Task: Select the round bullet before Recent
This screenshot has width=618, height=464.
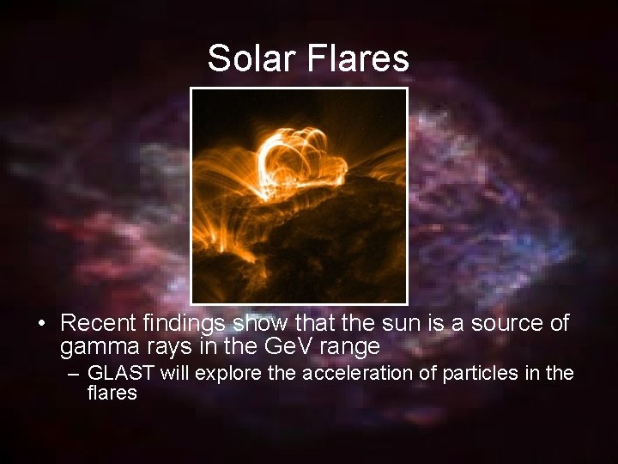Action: click(41, 324)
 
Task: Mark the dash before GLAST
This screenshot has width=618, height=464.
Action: click(73, 374)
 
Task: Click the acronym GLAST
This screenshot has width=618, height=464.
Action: click(118, 374)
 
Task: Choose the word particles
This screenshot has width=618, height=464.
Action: click(475, 374)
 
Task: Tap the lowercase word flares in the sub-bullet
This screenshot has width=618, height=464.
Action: click(112, 394)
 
